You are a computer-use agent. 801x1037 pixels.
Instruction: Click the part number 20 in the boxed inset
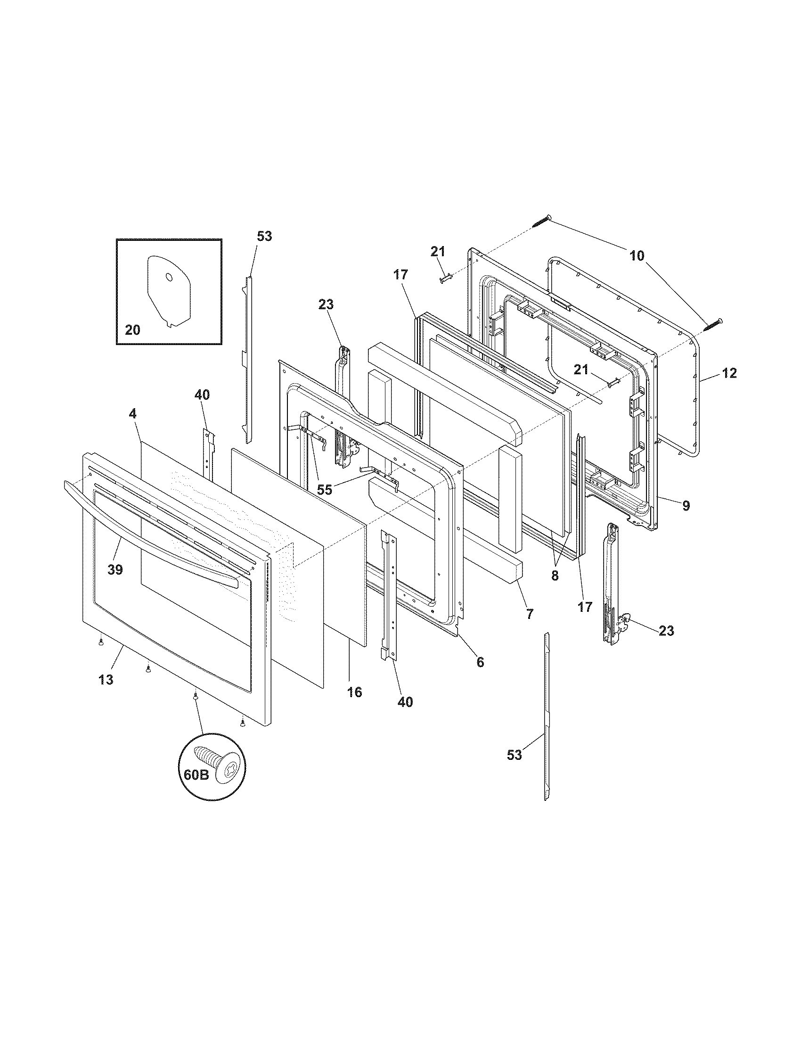point(132,329)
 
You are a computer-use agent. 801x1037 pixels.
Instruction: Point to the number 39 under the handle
point(115,569)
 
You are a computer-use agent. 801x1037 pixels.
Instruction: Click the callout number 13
point(106,679)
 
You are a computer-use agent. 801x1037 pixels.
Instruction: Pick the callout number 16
point(354,692)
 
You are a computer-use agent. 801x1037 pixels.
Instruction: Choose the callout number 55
point(325,490)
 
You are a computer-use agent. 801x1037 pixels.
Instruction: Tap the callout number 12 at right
point(729,373)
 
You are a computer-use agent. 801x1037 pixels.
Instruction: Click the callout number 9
point(686,506)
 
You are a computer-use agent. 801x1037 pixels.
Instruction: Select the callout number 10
point(638,256)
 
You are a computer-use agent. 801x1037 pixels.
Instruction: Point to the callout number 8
point(555,576)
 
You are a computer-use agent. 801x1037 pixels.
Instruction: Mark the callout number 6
point(480,662)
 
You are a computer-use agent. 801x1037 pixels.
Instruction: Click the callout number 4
point(133,413)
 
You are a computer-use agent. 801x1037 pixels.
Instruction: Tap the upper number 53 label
point(264,236)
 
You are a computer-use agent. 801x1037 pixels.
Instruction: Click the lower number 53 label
point(515,755)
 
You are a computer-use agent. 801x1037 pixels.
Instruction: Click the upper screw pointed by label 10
point(541,221)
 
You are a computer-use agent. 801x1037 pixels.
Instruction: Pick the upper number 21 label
point(438,252)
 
